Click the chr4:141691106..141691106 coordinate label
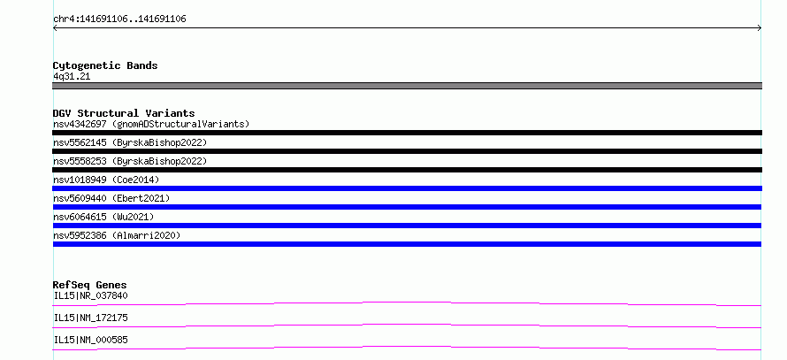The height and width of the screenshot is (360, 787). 119,19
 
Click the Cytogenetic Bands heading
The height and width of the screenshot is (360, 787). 105,65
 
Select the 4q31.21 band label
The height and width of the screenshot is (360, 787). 72,77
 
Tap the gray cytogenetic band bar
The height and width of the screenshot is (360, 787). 407,86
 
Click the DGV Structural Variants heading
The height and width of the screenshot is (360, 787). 124,113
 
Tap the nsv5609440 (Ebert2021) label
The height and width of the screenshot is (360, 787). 111,198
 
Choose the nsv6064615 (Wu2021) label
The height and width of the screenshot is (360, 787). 103,217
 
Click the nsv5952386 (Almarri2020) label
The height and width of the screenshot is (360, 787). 117,235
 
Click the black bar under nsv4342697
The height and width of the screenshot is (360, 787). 407,133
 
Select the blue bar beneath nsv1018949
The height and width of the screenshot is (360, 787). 407,188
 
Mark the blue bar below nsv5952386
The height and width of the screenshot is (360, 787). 407,244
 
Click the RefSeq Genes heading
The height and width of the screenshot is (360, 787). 90,285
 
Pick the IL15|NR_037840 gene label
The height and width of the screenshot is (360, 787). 90,295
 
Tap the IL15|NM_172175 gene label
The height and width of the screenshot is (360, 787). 90,318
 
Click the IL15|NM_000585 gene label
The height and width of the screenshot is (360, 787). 90,340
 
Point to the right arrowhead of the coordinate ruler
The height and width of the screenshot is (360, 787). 760,28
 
